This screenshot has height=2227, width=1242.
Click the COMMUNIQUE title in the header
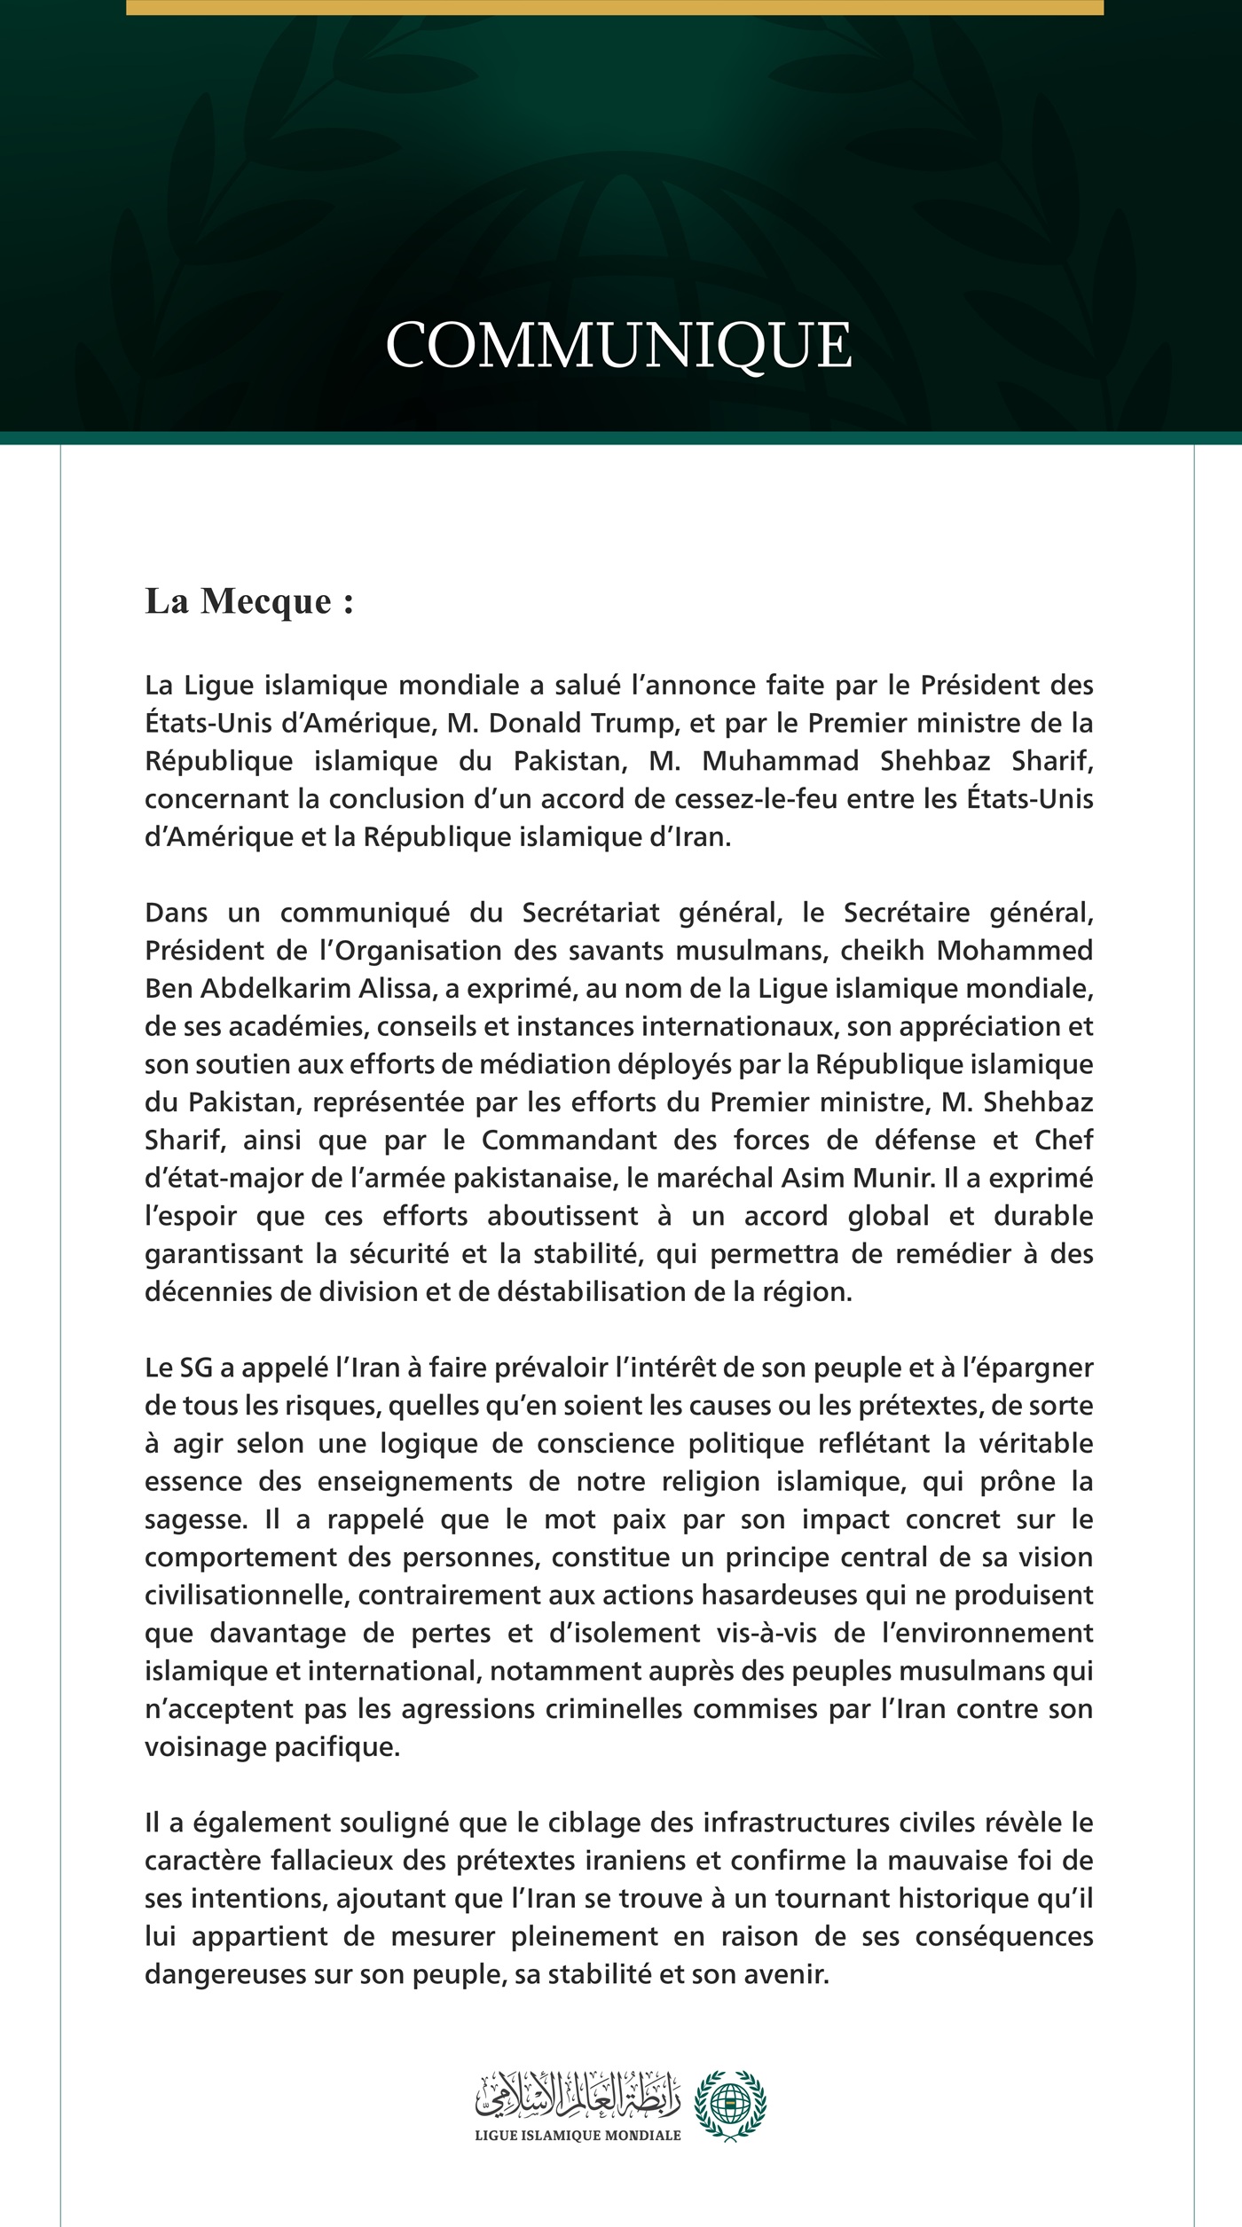[x=619, y=345]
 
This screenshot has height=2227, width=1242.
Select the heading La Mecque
[x=249, y=601]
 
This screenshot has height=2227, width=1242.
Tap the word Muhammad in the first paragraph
[x=781, y=761]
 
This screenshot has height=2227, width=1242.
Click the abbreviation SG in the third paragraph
[x=197, y=1368]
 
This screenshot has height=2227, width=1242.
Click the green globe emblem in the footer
[x=730, y=2105]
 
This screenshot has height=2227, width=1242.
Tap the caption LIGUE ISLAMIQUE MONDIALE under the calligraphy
[x=578, y=2136]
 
